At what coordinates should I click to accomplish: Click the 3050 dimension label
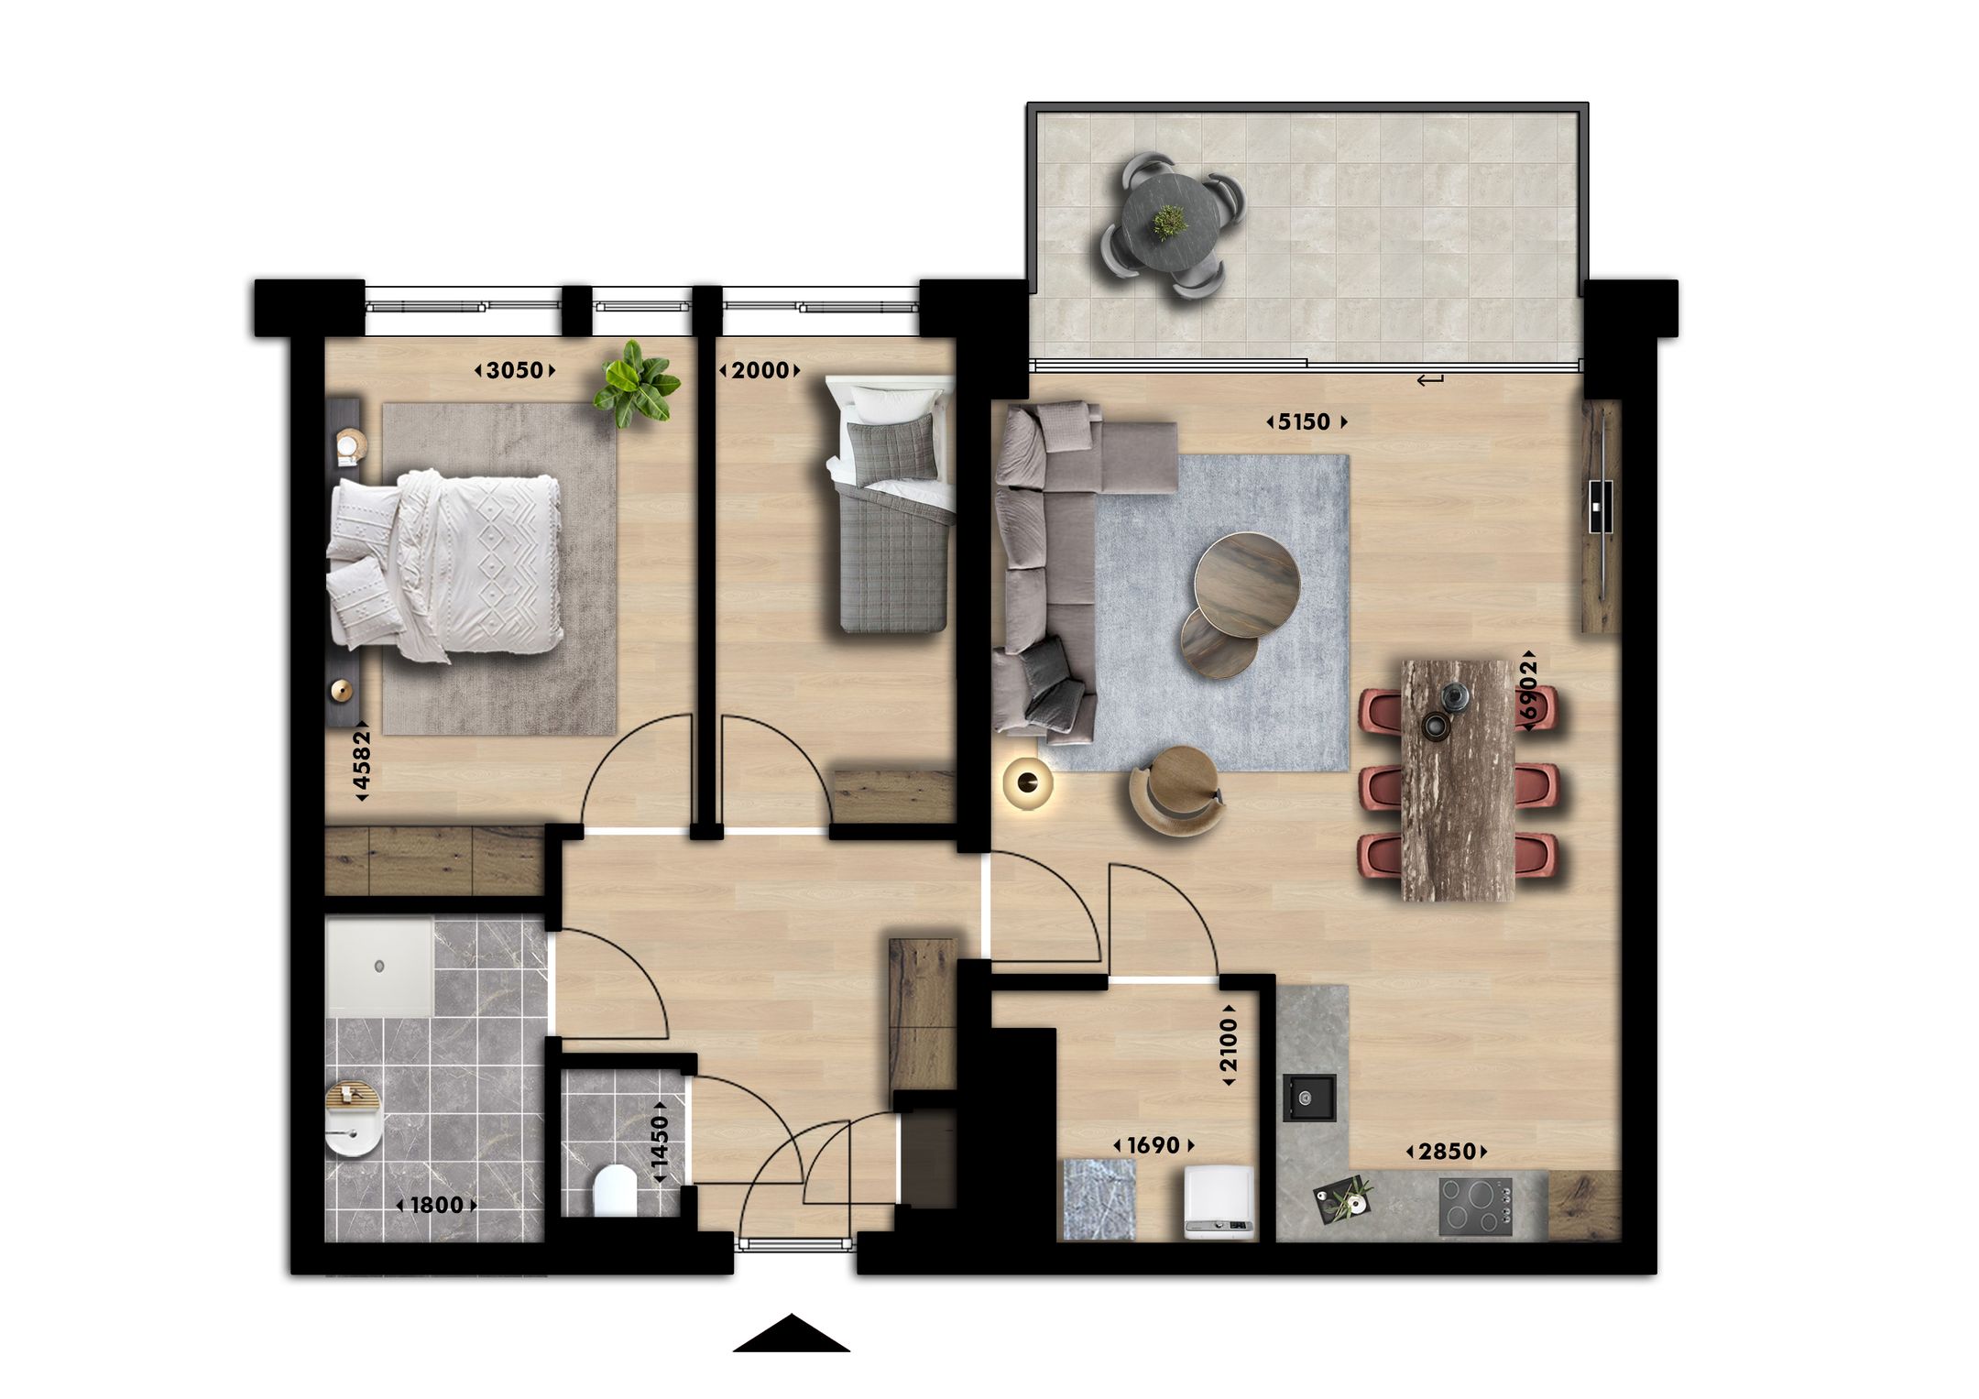click(x=515, y=370)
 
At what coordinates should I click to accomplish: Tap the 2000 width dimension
click(x=760, y=370)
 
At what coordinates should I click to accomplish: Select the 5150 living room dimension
click(x=1306, y=421)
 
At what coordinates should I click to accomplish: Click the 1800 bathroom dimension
click(x=436, y=1205)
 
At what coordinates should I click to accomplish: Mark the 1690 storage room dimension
click(x=1154, y=1145)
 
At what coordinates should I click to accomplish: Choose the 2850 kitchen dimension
click(x=1447, y=1152)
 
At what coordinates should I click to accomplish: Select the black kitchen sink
click(x=1308, y=1098)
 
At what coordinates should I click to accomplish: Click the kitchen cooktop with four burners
click(x=1475, y=1206)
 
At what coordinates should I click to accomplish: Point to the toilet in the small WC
click(x=614, y=1190)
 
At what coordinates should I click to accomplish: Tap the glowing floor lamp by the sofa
click(x=1027, y=781)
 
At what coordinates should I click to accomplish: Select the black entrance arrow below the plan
click(x=792, y=1334)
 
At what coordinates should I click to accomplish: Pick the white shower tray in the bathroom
click(x=379, y=967)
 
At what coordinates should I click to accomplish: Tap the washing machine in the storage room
click(x=1218, y=1202)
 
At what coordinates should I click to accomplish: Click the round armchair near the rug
click(x=1177, y=789)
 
